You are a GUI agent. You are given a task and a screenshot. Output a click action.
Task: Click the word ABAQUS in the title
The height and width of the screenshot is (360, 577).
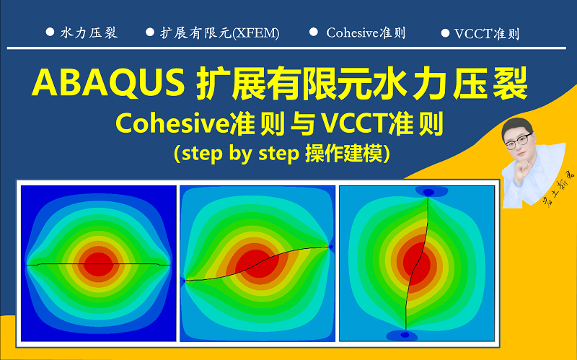tap(108, 83)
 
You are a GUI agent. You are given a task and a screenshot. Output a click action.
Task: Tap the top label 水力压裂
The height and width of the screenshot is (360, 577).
tap(89, 32)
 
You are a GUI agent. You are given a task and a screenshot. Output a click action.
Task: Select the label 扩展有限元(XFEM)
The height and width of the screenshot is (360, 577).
tap(220, 33)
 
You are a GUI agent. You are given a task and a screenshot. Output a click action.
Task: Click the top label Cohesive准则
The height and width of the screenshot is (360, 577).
tap(366, 32)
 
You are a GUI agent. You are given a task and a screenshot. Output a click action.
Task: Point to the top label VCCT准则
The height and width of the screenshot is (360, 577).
tap(487, 34)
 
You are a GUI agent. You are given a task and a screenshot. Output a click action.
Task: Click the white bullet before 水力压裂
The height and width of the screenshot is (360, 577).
tap(50, 32)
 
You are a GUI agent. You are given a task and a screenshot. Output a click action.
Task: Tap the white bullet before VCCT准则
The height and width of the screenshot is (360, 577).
tap(445, 33)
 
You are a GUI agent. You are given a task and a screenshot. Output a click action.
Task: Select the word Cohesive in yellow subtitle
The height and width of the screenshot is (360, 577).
tap(173, 124)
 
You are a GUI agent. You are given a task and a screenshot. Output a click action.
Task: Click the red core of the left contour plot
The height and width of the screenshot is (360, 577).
tap(98, 264)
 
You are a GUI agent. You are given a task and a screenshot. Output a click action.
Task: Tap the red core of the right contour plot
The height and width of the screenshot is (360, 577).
tap(417, 262)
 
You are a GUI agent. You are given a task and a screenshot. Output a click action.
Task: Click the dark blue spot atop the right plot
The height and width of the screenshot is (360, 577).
tap(428, 192)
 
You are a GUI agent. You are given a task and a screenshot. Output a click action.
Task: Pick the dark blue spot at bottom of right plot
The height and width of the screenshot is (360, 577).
tap(405, 335)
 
